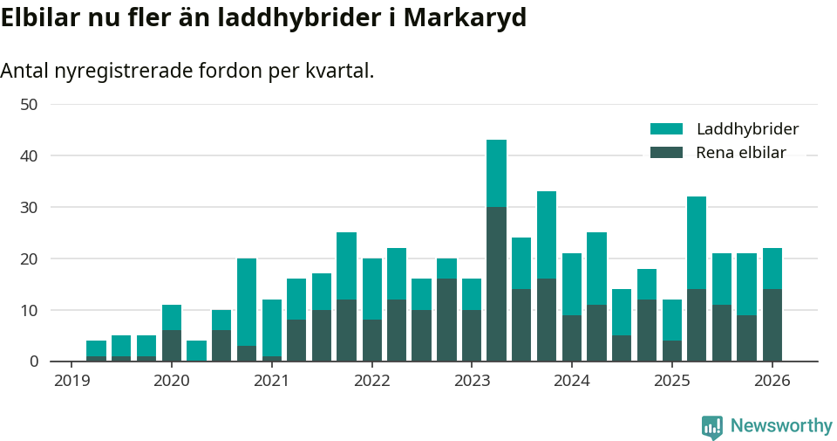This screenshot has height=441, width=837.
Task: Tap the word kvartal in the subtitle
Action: click(x=338, y=71)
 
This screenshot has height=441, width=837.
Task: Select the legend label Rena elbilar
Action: click(x=741, y=153)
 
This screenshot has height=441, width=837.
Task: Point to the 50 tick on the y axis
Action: click(x=29, y=105)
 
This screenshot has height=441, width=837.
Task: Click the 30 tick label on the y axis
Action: click(x=29, y=207)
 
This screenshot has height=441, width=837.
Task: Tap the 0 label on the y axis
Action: click(x=33, y=362)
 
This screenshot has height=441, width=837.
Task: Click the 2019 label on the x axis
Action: click(x=71, y=381)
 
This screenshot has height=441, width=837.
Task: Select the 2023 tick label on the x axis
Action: click(x=473, y=381)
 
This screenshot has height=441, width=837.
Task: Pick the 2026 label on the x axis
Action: click(x=772, y=381)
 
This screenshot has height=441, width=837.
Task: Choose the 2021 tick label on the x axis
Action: click(x=272, y=381)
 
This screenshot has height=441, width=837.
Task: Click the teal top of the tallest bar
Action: click(x=496, y=173)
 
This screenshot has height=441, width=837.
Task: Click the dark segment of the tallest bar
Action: click(x=496, y=284)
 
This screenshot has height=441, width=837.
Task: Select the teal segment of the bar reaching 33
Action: click(x=547, y=235)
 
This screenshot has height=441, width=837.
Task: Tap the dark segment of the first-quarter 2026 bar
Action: click(x=772, y=325)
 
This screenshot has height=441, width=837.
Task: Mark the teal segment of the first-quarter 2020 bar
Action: click(x=172, y=317)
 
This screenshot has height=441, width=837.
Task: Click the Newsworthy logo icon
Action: click(x=711, y=426)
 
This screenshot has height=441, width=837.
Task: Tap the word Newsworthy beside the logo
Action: click(x=781, y=426)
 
